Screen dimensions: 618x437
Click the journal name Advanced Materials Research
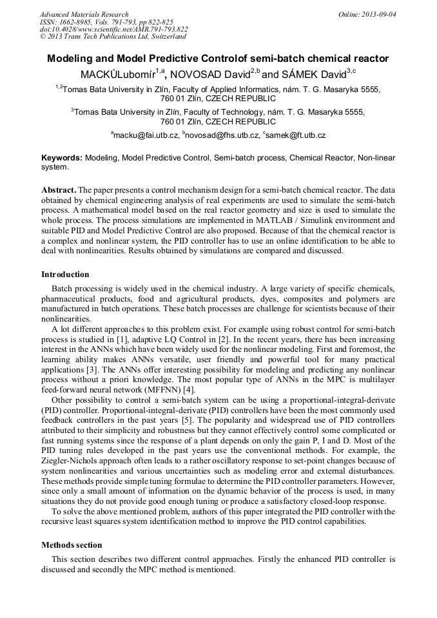pos(84,14)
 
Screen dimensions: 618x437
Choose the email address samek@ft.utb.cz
pos(296,135)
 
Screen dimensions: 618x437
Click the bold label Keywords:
pos(61,157)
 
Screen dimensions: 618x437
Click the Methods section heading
pos(72,545)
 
